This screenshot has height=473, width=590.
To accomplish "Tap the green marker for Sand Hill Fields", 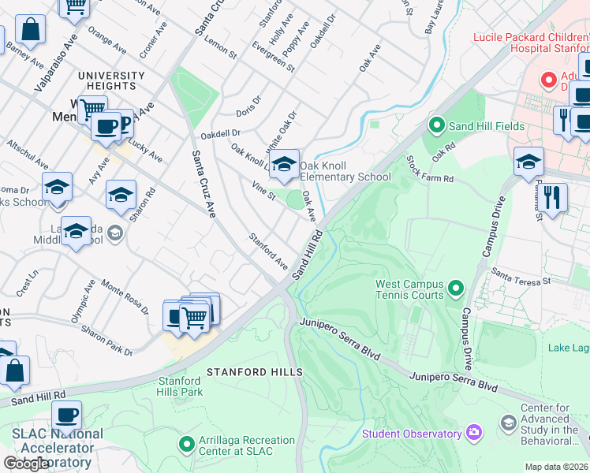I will click(x=435, y=125).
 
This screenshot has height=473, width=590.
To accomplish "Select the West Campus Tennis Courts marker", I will click(x=455, y=289).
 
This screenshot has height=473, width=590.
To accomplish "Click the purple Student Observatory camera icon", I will click(x=473, y=432).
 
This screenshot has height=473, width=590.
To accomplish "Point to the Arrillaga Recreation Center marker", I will click(x=187, y=445).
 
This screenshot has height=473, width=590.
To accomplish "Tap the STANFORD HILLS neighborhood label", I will click(x=254, y=371).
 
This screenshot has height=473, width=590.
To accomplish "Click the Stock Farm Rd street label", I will click(x=430, y=169).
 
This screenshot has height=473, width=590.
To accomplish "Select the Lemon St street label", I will click(x=221, y=48).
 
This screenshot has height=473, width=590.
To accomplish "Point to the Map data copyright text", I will click(x=556, y=467).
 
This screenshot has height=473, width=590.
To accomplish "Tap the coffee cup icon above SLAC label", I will click(x=67, y=414).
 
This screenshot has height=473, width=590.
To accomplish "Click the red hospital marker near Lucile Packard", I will click(x=547, y=80).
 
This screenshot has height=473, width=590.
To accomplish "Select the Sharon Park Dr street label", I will click(x=108, y=341).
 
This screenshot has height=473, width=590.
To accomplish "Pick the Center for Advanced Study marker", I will click(x=508, y=423).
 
